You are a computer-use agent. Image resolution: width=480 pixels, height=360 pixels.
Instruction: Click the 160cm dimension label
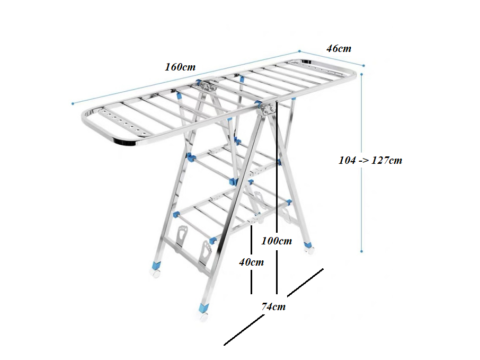[x=180, y=67]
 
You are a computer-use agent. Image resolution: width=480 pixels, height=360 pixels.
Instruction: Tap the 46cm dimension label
[x=339, y=48]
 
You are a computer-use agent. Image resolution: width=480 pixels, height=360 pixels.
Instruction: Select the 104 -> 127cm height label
[x=370, y=160]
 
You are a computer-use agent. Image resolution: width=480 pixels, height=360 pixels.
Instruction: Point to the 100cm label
[x=277, y=241]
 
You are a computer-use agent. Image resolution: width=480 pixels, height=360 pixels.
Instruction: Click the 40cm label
[x=251, y=262]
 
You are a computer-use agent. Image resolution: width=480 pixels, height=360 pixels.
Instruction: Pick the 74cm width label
[x=273, y=306]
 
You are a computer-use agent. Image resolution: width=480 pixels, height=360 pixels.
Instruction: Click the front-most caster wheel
[x=203, y=317]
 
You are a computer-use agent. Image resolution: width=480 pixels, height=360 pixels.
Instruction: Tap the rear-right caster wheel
[x=309, y=251]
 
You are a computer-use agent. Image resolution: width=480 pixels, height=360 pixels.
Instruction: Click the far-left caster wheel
[x=156, y=273]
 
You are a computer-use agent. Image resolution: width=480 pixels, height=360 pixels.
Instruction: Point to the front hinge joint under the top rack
[x=267, y=109]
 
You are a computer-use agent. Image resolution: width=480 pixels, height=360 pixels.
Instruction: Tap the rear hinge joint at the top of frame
[x=208, y=86]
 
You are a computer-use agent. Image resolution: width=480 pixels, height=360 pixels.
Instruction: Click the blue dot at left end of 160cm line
[x=73, y=103]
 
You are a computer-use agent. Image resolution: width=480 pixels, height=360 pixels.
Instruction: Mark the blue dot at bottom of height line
[x=361, y=251]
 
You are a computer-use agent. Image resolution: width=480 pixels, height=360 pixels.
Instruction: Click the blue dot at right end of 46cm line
[x=363, y=66]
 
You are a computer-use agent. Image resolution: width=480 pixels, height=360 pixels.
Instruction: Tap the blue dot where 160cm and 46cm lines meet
[x=299, y=51]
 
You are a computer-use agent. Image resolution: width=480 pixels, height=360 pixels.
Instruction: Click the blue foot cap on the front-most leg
[x=203, y=308]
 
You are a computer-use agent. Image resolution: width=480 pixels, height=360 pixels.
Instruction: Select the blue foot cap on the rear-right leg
[x=308, y=245]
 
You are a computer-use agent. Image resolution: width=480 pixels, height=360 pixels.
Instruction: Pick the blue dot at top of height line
[x=361, y=74]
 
